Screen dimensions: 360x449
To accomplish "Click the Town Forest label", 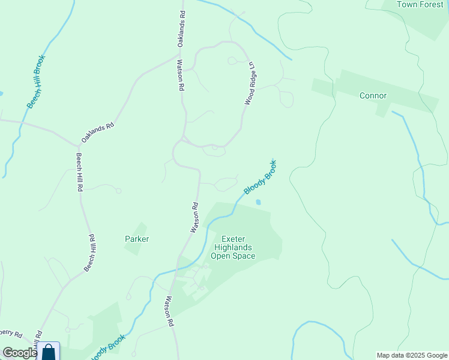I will (x=420, y=4).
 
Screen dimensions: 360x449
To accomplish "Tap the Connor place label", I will (x=373, y=95).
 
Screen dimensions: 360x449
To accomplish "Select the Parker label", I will (x=137, y=239).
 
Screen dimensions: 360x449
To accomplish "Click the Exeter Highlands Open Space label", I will (x=233, y=247).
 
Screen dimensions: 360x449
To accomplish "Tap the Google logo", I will (x=19, y=353).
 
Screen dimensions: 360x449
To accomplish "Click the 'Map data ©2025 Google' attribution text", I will (x=411, y=355).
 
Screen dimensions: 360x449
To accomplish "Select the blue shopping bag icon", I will (x=49, y=351).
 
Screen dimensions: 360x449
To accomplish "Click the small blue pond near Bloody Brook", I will (x=259, y=202).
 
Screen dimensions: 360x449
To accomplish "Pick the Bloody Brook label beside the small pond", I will (x=260, y=177).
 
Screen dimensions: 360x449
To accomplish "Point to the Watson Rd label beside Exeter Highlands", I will (x=194, y=218).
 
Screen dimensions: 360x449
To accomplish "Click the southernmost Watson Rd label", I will (x=169, y=311).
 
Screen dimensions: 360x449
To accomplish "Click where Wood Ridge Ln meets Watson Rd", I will (x=182, y=139).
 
